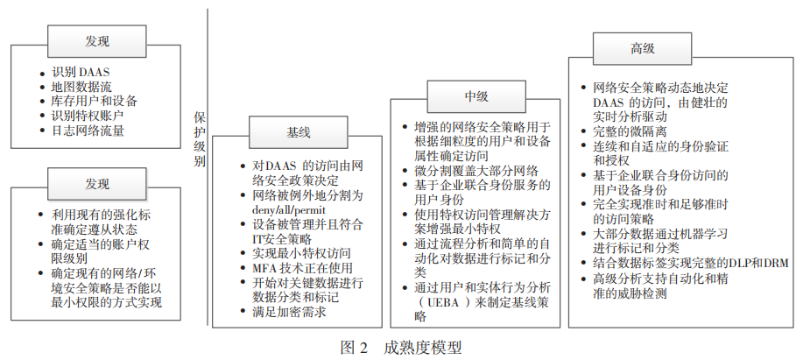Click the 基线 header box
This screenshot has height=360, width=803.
pos(298,133)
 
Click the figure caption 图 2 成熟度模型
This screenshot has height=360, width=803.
pos(399,347)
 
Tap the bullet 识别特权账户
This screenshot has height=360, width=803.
pos(87,116)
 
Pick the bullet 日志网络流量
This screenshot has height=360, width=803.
pos(87,130)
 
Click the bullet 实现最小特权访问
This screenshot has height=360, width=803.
pos(301,252)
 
